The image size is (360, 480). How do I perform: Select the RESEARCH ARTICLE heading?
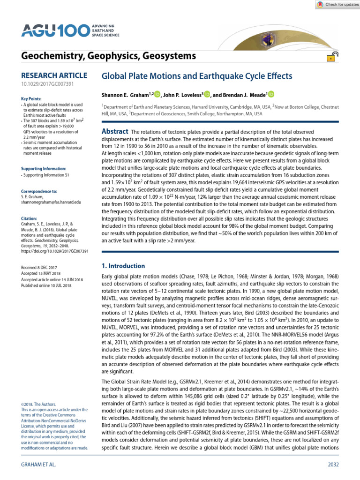(x=54, y=75)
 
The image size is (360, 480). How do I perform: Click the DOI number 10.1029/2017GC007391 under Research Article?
(x=47, y=84)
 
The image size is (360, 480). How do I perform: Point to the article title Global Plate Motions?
(x=197, y=76)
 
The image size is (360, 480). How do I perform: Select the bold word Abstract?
(x=114, y=132)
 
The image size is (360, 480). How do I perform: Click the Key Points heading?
(x=31, y=99)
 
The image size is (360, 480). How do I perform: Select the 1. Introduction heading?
(x=124, y=266)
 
